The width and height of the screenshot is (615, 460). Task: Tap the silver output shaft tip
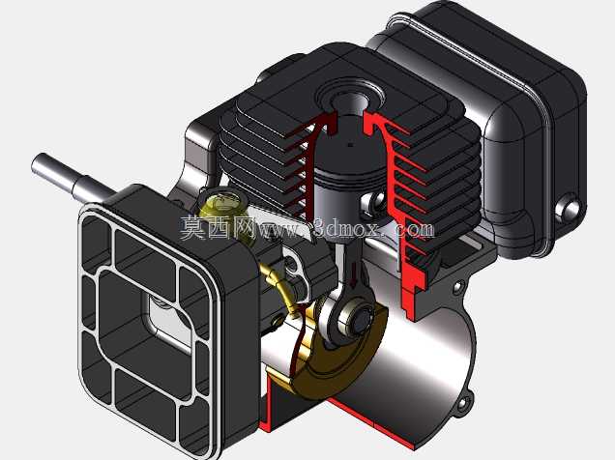click(39, 162)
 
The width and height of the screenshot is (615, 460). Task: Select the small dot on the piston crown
click(351, 145)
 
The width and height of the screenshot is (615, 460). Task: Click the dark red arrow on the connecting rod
click(355, 276)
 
